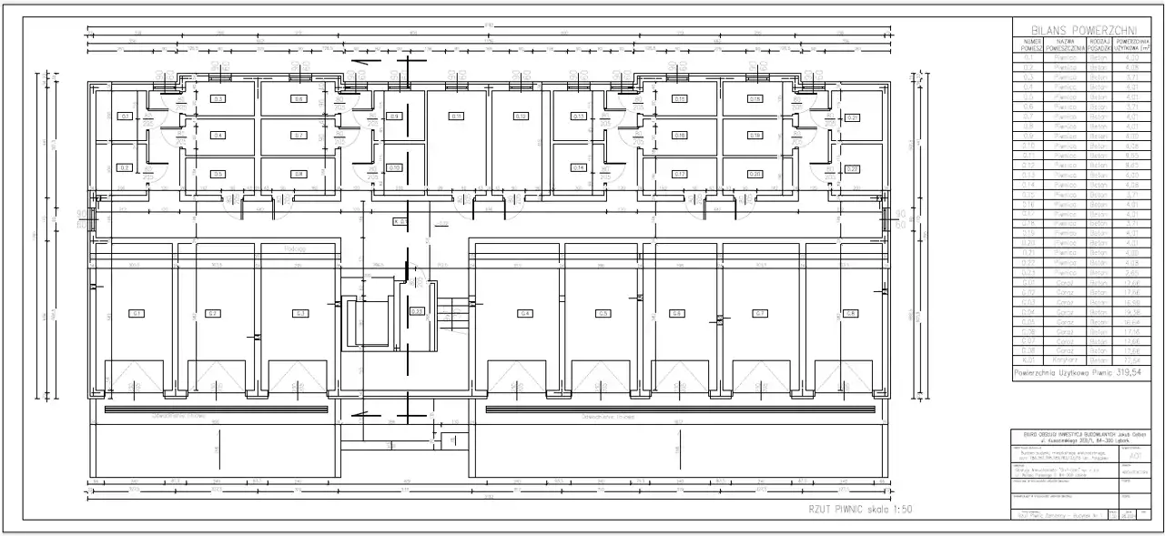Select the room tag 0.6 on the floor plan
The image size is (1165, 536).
click(298, 98)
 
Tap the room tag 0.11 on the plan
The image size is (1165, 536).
click(456, 116)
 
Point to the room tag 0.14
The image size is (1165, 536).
click(578, 167)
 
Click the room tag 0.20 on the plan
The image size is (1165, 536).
click(755, 174)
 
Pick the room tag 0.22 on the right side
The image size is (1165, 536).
click(853, 169)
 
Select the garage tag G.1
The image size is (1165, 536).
click(137, 313)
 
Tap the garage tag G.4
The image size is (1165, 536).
click(525, 313)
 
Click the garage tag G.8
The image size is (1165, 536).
click(850, 313)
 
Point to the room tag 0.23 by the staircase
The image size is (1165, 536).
click(417, 311)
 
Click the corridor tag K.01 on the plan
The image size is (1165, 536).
click(400, 221)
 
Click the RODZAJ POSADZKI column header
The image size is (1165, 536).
click(1099, 44)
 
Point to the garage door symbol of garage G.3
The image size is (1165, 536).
click(297, 375)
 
